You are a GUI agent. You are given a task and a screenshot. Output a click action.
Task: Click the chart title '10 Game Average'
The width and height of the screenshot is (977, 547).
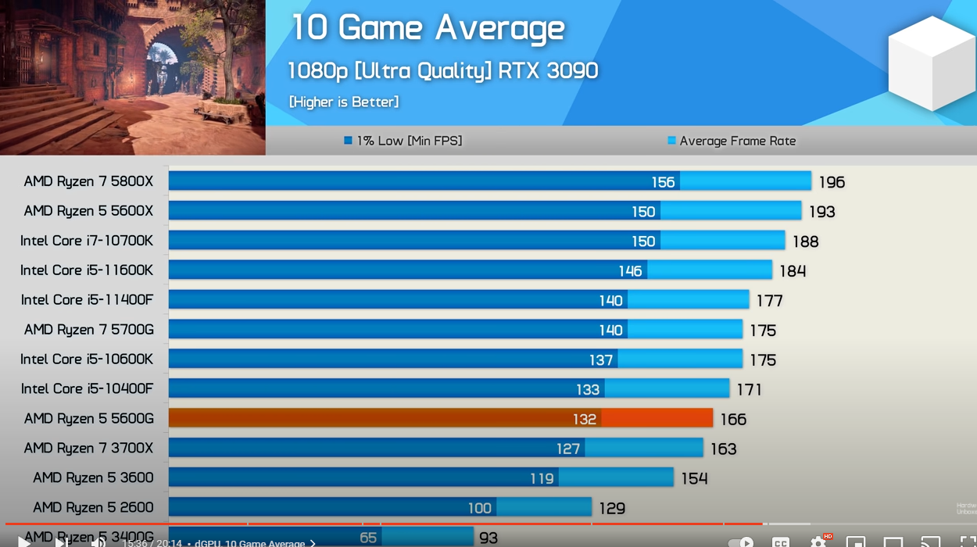(x=428, y=28)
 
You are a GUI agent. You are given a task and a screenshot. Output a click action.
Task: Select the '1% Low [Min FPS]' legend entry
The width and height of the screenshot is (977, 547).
(x=403, y=141)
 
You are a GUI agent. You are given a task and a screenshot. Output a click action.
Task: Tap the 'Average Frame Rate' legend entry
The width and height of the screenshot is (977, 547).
(x=732, y=141)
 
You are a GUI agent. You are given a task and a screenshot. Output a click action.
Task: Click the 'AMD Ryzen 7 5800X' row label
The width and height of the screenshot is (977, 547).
(x=88, y=181)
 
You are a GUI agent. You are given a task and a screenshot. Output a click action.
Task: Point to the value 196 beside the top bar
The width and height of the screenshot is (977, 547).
(x=832, y=182)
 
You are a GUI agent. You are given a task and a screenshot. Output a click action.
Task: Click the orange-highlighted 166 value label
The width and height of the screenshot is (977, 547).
(x=733, y=420)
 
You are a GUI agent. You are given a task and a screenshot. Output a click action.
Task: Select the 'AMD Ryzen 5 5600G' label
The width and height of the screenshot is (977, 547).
(x=88, y=419)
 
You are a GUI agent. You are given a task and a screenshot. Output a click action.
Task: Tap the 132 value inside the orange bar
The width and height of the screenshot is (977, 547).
(x=584, y=419)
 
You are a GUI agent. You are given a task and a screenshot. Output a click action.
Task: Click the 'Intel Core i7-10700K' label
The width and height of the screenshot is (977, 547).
(x=87, y=241)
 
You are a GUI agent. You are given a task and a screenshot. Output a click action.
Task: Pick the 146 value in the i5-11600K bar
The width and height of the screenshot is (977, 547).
(x=630, y=270)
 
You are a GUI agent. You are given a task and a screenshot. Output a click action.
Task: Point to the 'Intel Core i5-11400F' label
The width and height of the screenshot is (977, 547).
(x=87, y=300)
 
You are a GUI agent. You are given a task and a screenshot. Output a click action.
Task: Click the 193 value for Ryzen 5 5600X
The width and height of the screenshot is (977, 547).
(x=821, y=212)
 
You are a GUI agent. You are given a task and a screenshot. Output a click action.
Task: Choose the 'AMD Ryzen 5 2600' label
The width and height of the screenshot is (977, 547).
(x=93, y=508)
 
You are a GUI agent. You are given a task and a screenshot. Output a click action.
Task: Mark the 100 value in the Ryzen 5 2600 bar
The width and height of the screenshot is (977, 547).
(x=479, y=508)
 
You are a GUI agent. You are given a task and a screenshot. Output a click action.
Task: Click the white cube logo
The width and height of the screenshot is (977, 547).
(x=932, y=63)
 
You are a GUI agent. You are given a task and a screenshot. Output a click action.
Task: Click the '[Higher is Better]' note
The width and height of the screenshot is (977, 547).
(x=344, y=102)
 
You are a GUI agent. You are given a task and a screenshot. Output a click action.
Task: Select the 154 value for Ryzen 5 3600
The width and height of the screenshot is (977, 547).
(x=694, y=478)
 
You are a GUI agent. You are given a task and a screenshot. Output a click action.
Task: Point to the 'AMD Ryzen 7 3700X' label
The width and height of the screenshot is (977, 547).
(x=88, y=449)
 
